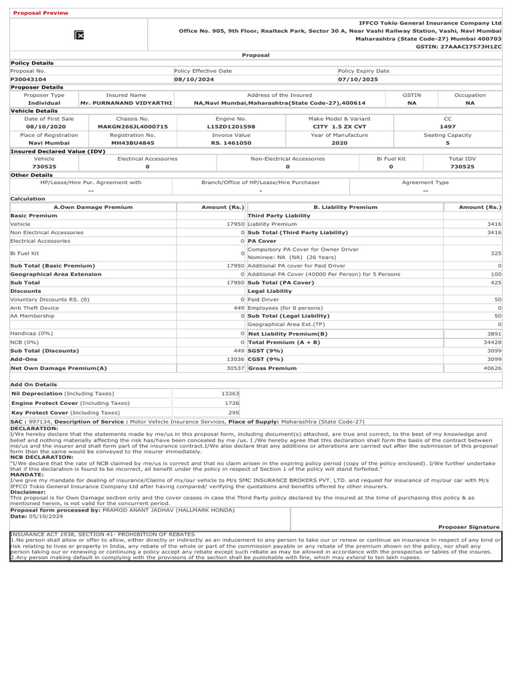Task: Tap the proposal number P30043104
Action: pyautogui.click(x=28, y=79)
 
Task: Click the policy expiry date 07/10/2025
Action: pyautogui.click(x=359, y=79)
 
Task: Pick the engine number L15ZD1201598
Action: pyautogui.click(x=231, y=126)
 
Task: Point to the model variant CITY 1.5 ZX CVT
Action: pyautogui.click(x=339, y=126)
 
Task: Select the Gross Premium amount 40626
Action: pyautogui.click(x=493, y=368)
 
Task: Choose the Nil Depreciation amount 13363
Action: pyautogui.click(x=230, y=394)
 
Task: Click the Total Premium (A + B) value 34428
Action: pyautogui.click(x=493, y=341)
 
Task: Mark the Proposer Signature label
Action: pyautogui.click(x=469, y=526)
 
